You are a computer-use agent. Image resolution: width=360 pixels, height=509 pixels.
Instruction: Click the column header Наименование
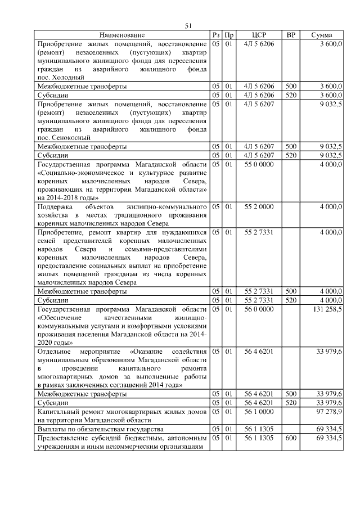pyautogui.click(x=122, y=35)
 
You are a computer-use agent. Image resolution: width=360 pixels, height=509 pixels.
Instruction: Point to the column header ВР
pyautogui.click(x=290, y=35)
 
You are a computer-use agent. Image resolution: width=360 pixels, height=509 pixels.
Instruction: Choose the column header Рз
pyautogui.click(x=216, y=35)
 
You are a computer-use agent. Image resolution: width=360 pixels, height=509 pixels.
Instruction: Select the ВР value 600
pyautogui.click(x=290, y=437)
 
